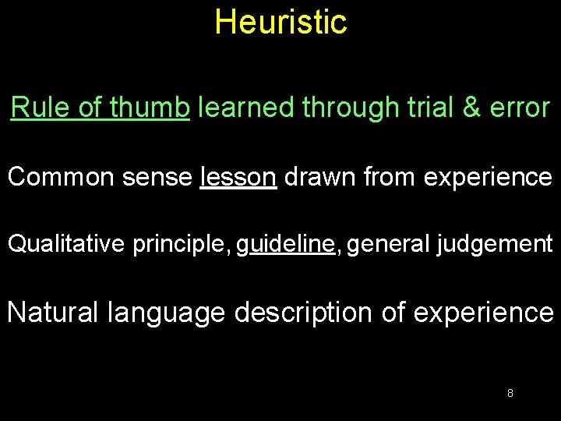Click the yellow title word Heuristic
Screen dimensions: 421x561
point(280,22)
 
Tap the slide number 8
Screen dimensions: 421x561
point(510,393)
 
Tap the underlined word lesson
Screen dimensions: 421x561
point(238,177)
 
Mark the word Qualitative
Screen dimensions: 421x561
point(66,245)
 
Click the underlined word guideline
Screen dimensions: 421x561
point(285,245)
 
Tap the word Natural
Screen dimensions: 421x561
point(52,313)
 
